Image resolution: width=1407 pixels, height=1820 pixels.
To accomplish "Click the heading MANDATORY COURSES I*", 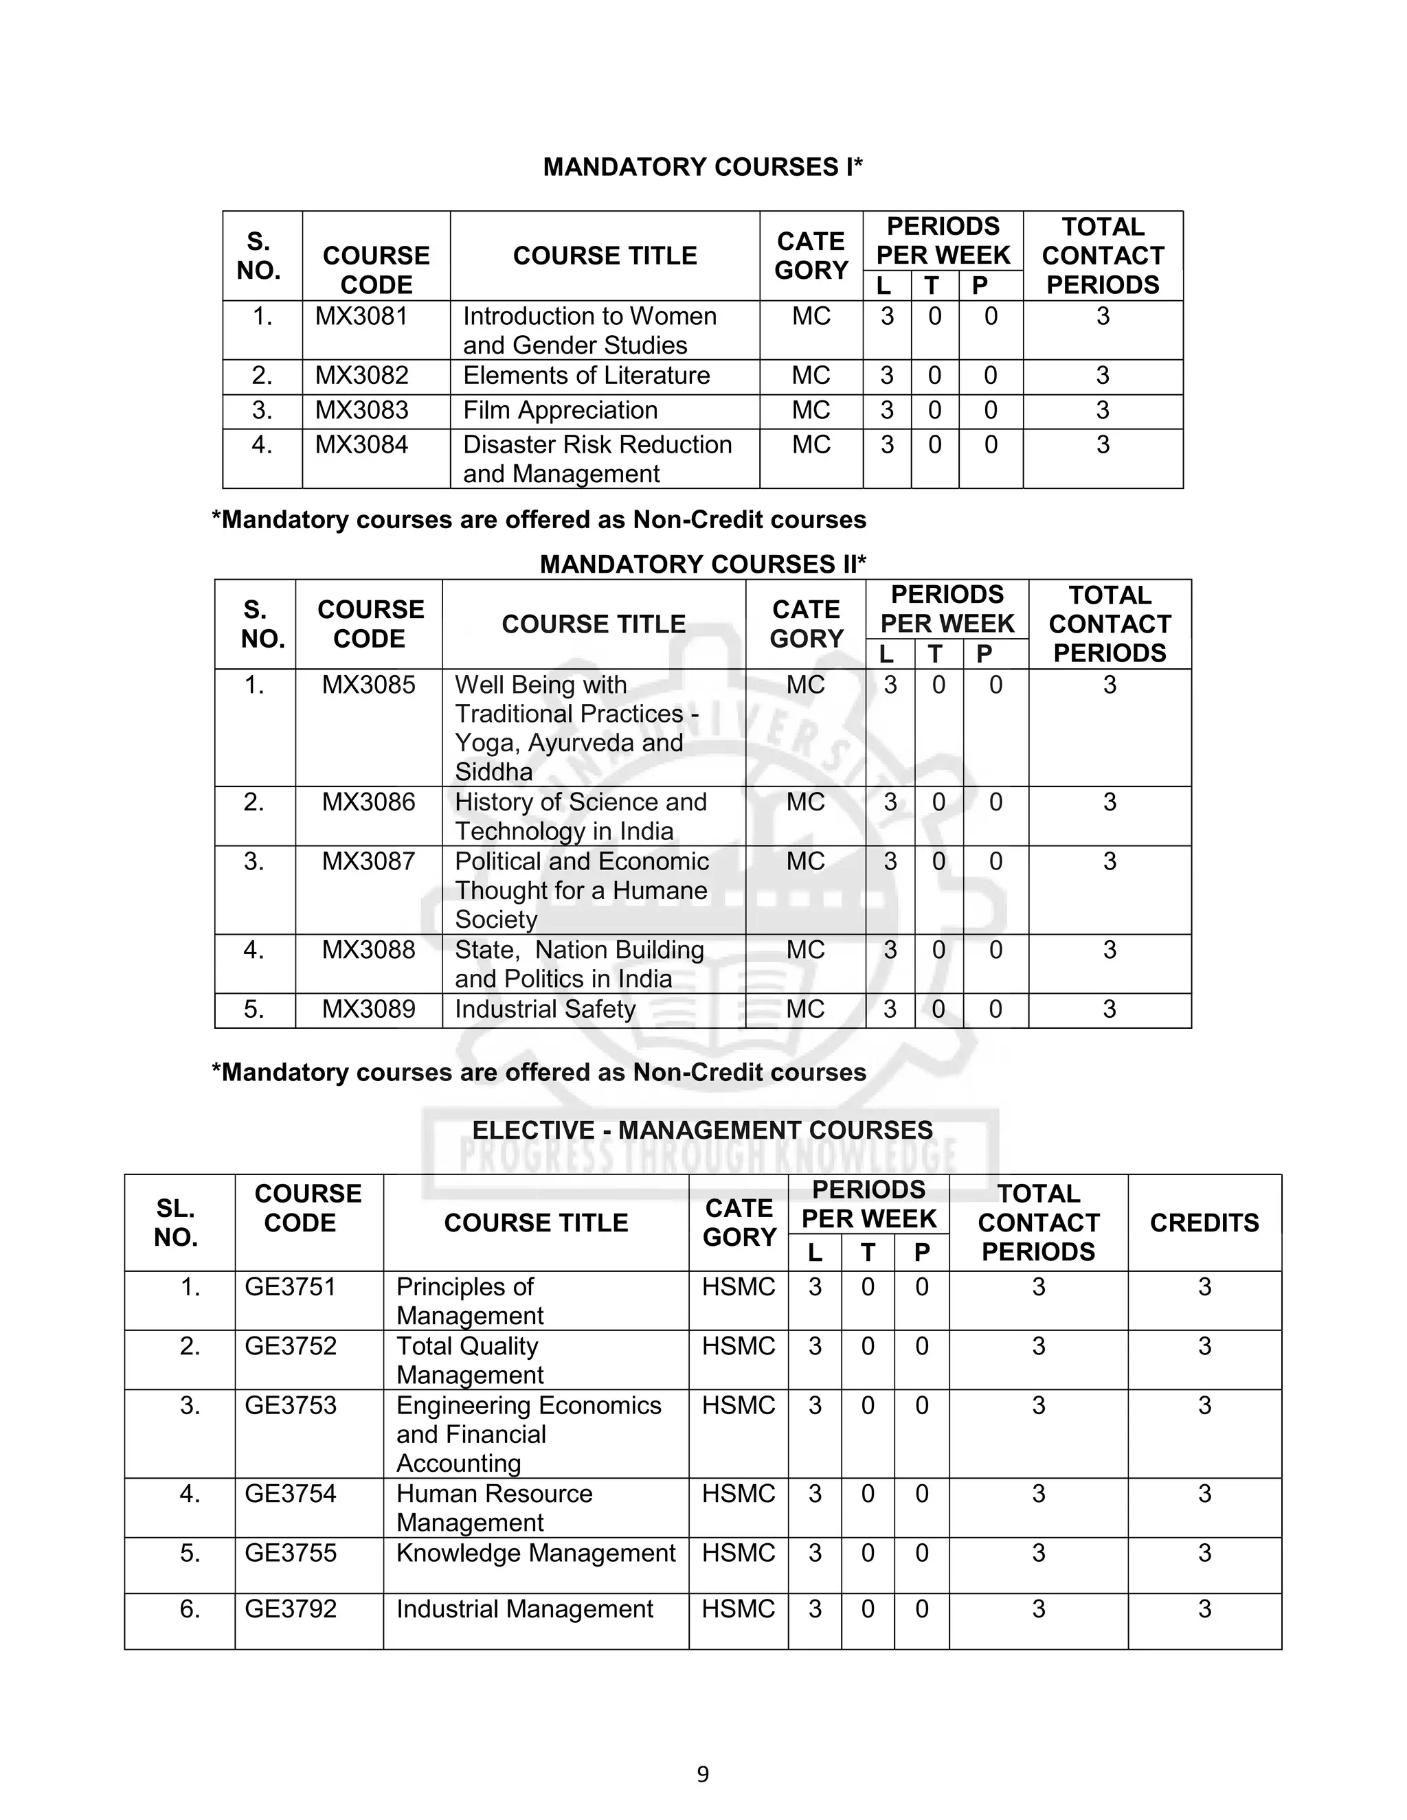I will (703, 167).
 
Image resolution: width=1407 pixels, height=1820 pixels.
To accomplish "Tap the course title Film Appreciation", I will (560, 410).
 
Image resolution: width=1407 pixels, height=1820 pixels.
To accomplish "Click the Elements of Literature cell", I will (586, 376).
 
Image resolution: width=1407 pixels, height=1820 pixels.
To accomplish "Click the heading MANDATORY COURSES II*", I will (703, 564).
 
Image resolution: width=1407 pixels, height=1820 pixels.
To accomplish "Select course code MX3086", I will (368, 802).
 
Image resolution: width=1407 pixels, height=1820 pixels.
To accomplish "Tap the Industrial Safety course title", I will (545, 1009).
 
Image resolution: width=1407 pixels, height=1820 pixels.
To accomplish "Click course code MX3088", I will (368, 950).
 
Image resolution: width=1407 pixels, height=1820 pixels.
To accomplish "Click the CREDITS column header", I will (1204, 1222).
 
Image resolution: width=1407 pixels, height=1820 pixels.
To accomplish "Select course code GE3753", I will (290, 1405).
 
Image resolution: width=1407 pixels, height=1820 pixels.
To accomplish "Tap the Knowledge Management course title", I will (535, 1554).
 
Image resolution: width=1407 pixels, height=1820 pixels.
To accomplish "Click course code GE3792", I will (290, 1609).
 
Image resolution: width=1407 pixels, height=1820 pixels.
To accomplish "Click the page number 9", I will (703, 1774).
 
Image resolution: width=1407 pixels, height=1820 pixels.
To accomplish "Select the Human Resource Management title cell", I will (493, 1508).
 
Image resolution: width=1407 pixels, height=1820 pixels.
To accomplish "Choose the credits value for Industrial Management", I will (1204, 1609).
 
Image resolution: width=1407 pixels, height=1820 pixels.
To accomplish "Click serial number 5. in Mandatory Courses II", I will (254, 1009).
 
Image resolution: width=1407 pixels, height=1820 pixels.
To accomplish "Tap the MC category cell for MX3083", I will (810, 410).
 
